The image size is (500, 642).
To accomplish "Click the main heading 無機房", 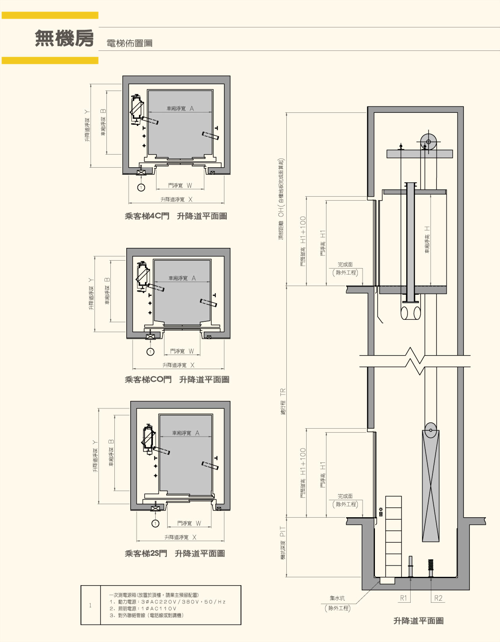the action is (x=64, y=38).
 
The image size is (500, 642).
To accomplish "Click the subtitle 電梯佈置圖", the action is (x=129, y=43).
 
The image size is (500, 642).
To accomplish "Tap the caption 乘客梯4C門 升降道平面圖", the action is (x=176, y=216).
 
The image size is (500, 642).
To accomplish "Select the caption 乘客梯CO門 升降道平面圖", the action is (x=177, y=380).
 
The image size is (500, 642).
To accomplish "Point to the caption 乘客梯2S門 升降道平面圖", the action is (x=175, y=553).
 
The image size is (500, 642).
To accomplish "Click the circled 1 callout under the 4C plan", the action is (x=141, y=187).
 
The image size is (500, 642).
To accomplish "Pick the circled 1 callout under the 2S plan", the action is (x=155, y=524).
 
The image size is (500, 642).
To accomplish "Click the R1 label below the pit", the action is (x=403, y=598).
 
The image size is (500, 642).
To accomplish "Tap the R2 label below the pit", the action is (x=438, y=598).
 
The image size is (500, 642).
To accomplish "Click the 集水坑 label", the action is (x=337, y=598).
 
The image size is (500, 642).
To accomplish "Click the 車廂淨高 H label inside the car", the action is (x=427, y=240).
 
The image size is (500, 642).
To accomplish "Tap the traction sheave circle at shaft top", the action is (x=429, y=142).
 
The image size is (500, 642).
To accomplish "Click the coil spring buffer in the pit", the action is (x=431, y=568).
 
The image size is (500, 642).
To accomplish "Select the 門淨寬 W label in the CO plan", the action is (x=182, y=351).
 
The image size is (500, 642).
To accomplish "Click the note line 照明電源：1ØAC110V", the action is (x=143, y=609).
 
